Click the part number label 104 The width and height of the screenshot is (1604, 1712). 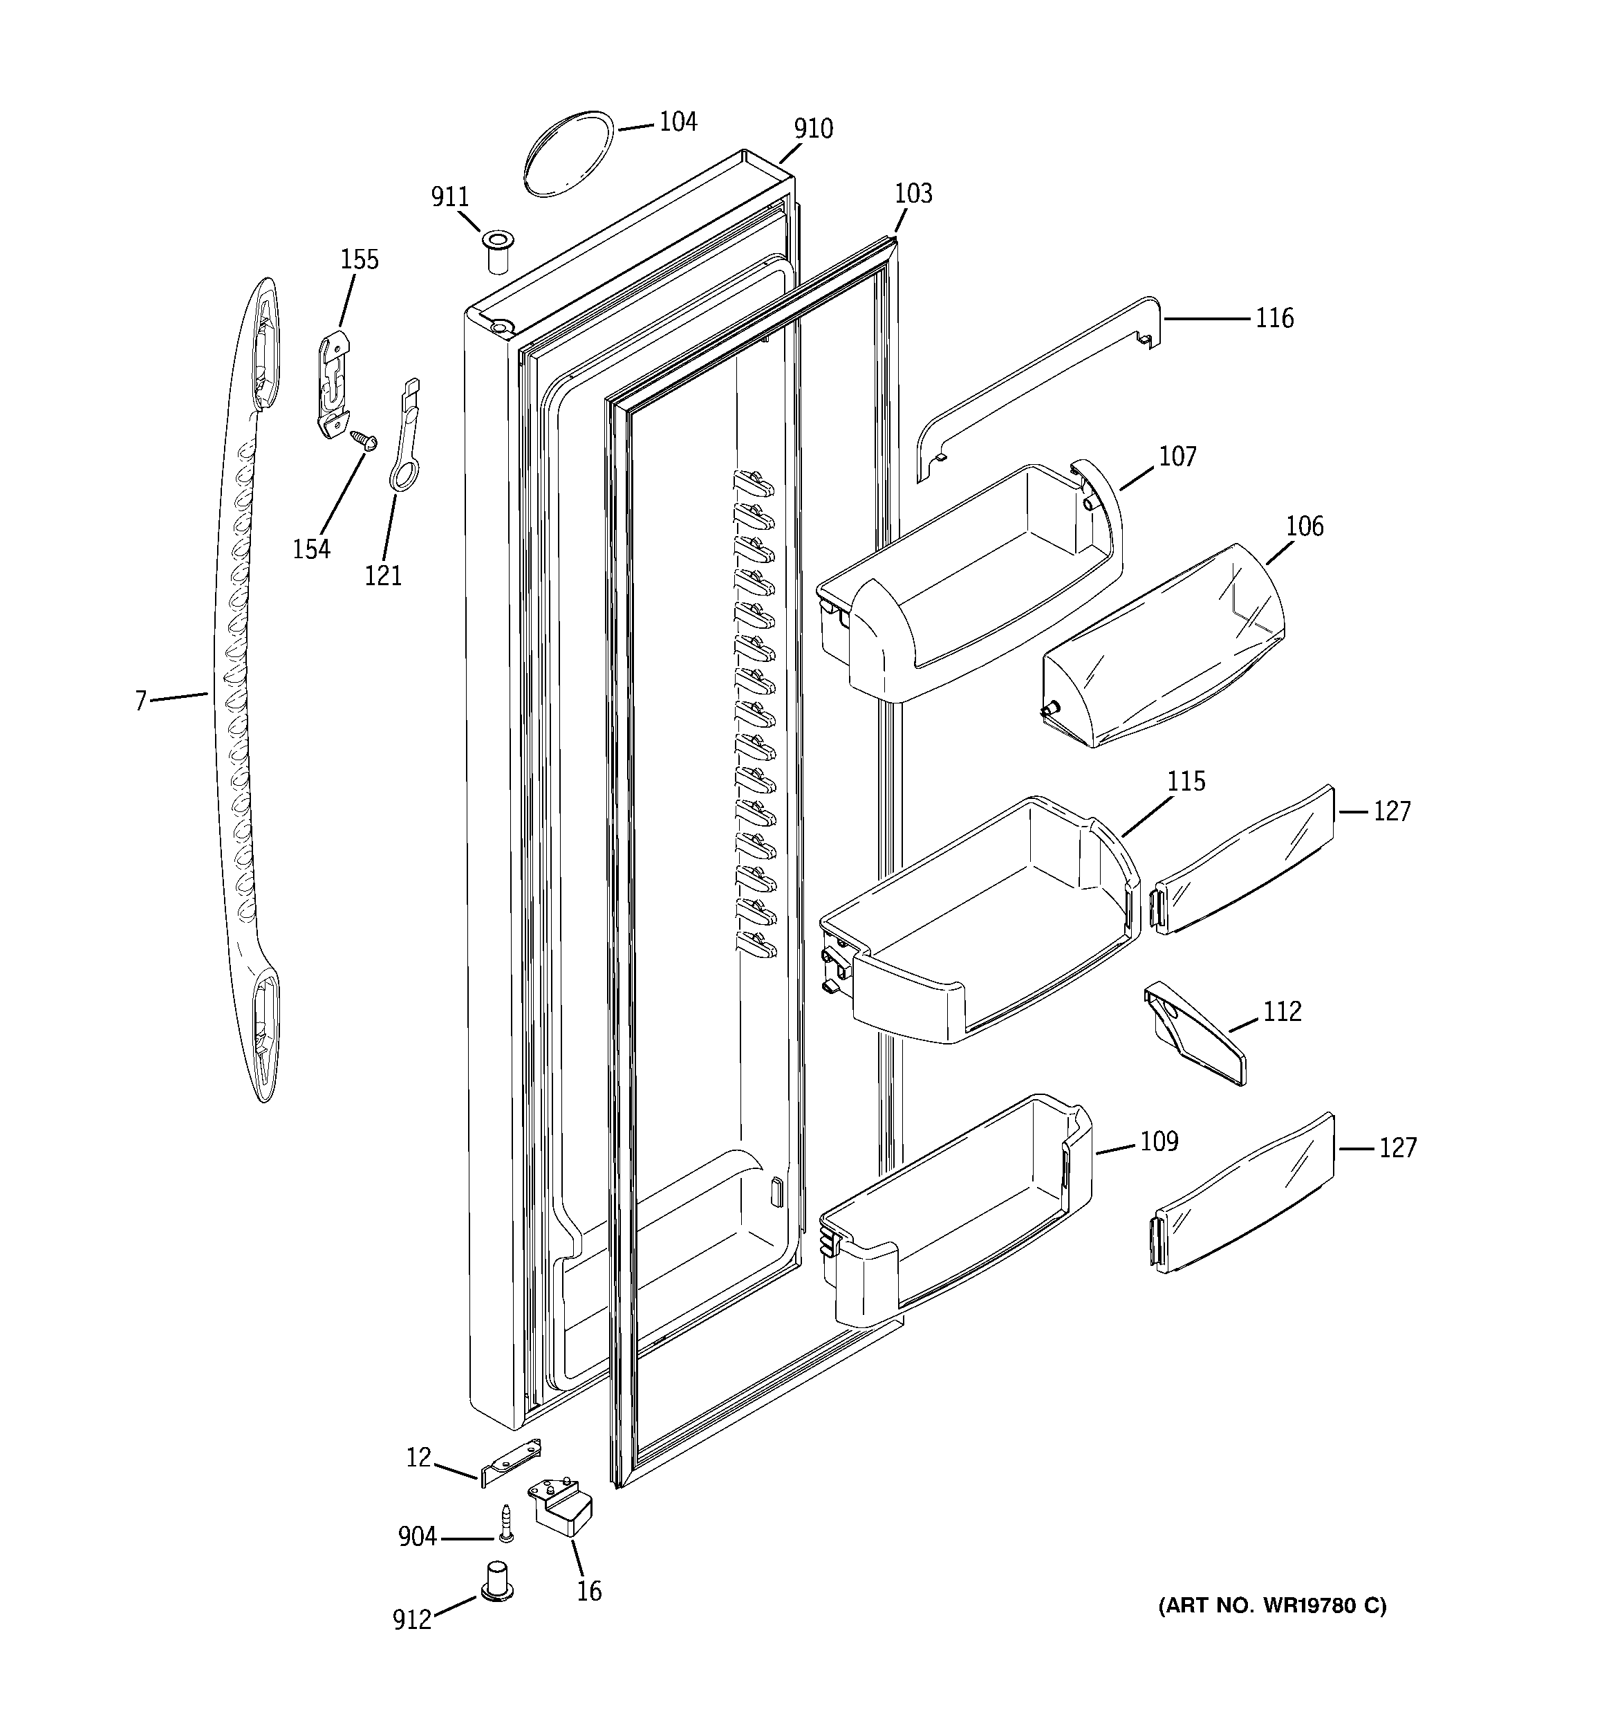pos(678,122)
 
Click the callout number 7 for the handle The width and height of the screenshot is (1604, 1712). pos(140,701)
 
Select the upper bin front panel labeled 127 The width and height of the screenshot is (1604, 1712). pos(1244,860)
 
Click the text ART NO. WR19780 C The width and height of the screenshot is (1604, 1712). pos(1271,1606)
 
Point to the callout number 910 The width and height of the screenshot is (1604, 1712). pos(813,129)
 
